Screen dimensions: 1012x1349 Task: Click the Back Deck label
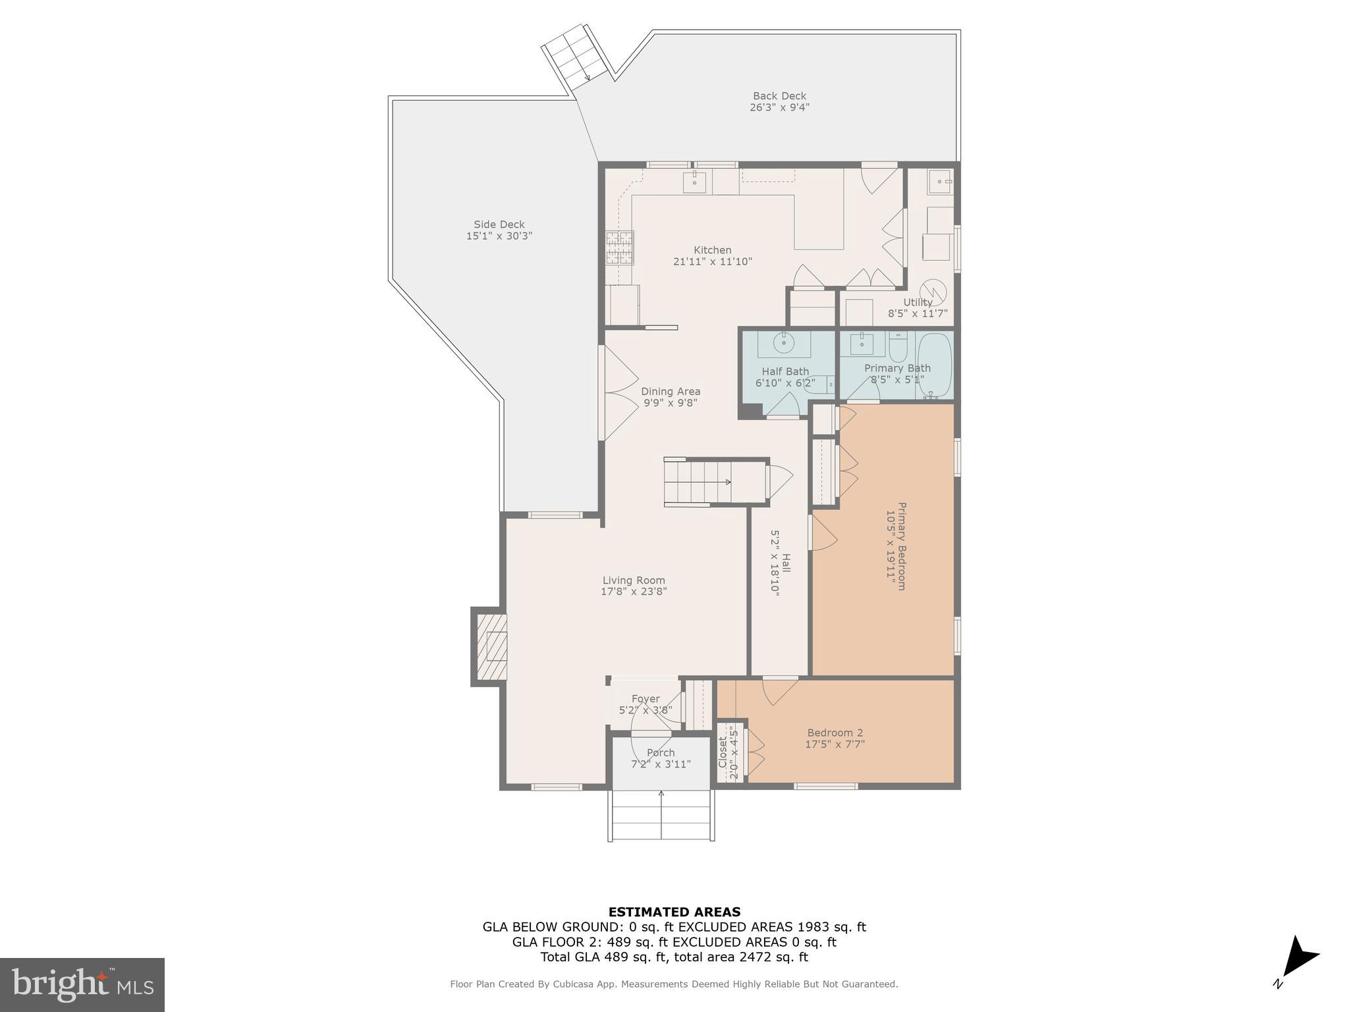pos(779,96)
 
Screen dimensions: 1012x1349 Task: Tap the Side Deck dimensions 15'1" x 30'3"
pos(499,236)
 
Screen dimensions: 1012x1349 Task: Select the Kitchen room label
pos(712,250)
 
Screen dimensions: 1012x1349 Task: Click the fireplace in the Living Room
pos(491,646)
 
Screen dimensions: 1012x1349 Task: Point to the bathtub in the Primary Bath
pos(935,366)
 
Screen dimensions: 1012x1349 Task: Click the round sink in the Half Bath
pos(785,343)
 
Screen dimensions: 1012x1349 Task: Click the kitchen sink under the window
pos(694,181)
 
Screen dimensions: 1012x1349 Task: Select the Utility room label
pos(918,302)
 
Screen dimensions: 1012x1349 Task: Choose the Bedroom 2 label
pos(835,733)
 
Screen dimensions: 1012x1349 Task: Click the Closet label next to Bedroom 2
pos(723,752)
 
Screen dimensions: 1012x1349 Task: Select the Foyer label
pos(645,699)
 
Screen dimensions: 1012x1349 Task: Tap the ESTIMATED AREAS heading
pos(674,913)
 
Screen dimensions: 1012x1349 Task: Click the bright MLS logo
pos(82,984)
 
